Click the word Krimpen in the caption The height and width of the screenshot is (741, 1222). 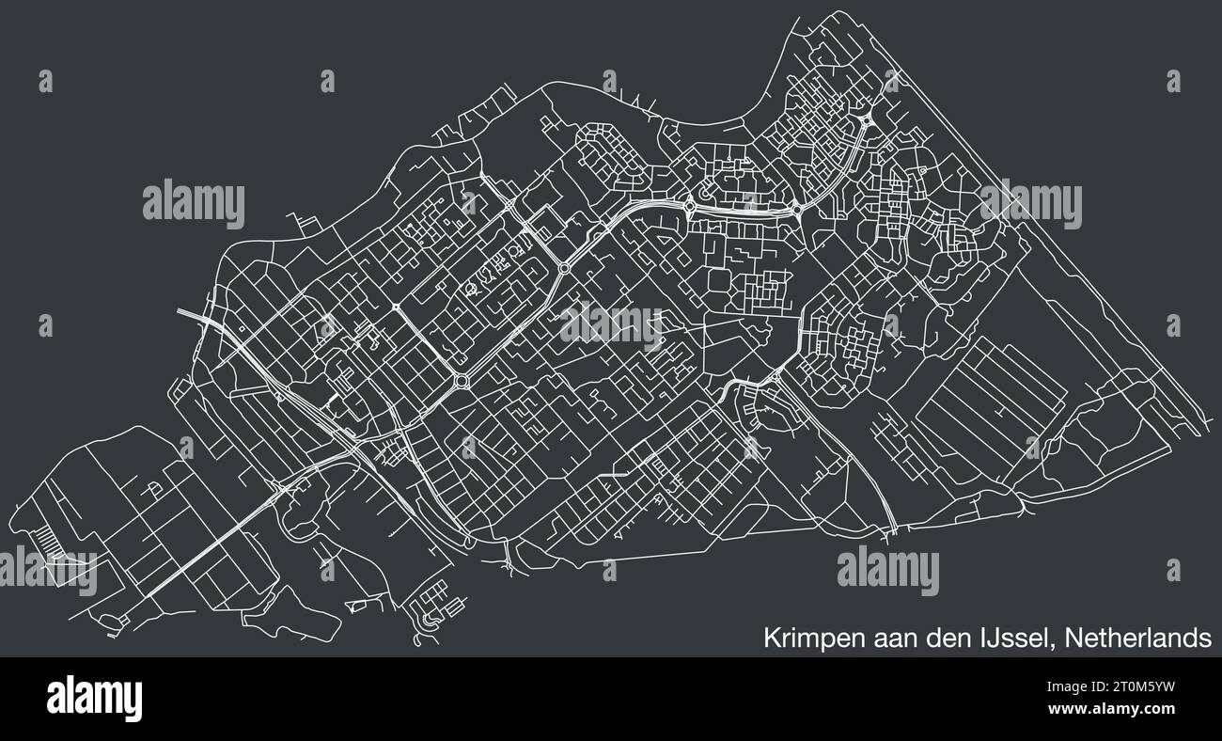[805, 639]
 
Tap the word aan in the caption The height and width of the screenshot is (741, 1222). [880, 639]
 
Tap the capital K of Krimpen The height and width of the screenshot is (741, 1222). [770, 639]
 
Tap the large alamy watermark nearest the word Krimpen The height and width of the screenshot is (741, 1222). [887, 571]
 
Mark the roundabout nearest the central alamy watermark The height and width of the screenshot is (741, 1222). [564, 269]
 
